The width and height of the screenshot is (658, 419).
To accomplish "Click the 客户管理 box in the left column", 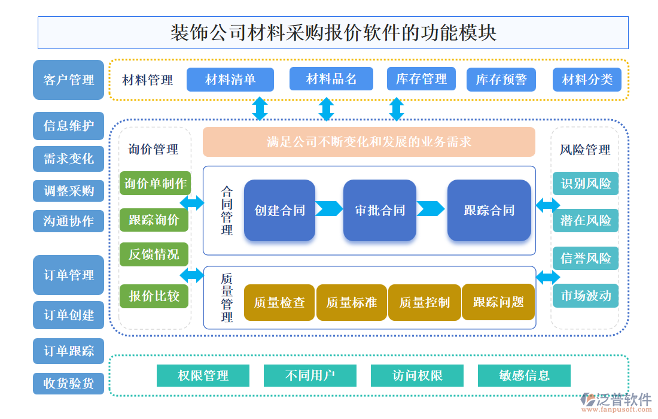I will (68, 80).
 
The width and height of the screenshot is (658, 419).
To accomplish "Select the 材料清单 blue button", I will (230, 79).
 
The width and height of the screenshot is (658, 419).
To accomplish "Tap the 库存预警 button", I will (501, 80).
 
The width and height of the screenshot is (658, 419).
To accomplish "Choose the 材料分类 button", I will (587, 80).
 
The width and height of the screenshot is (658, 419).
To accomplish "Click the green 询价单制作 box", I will (155, 183).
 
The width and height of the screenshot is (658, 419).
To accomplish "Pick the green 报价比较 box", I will (154, 296).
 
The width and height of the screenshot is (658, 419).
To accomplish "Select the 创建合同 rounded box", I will (279, 210).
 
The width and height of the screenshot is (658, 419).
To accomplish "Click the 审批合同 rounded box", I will (379, 210).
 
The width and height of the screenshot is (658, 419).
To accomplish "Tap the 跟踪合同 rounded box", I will (489, 210).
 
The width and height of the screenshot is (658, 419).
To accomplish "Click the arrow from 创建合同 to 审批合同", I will (329, 209).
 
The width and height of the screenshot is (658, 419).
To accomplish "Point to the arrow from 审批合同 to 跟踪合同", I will (431, 209).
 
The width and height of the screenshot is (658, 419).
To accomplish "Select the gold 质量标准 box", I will (351, 302).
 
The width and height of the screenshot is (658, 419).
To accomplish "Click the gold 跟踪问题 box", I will (498, 302).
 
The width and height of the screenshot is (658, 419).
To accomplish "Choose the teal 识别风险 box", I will (585, 183).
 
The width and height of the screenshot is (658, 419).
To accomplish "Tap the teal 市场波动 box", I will (585, 295).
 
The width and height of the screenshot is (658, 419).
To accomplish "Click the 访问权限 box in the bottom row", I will (417, 375).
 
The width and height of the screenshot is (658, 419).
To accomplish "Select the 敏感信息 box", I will (524, 375).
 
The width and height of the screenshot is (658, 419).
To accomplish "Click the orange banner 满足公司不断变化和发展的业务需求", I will (368, 142).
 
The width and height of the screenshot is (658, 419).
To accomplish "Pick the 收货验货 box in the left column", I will (68, 383).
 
